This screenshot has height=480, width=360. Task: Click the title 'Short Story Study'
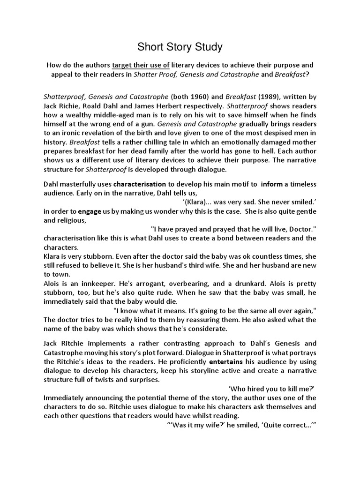180,47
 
